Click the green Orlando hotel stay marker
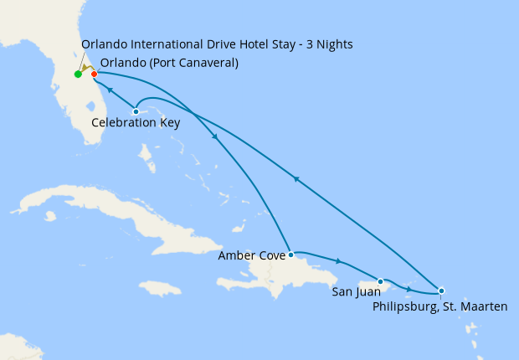tap(78, 75)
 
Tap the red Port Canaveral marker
tap(94, 75)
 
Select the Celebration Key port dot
tap(136, 111)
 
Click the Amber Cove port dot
tap(290, 254)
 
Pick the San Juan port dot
tap(381, 281)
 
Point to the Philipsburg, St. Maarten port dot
tap(441, 291)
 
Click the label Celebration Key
tap(135, 123)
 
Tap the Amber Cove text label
tap(251, 255)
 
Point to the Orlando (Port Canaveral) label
tap(168, 63)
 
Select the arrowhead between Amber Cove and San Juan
tap(338, 262)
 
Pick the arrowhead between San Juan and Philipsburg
tap(408, 290)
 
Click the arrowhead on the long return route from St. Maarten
tap(295, 177)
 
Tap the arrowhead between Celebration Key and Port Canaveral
tap(110, 89)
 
